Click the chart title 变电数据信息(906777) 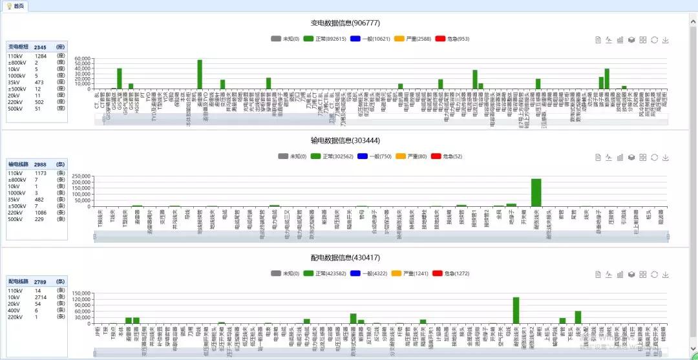click(345, 23)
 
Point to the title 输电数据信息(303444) click(345, 140)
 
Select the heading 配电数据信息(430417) click(345, 257)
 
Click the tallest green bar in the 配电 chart click(516, 310)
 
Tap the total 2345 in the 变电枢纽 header click(40, 47)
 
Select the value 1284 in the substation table click(41, 56)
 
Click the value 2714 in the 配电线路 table click(41, 297)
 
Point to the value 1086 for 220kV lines click(41, 212)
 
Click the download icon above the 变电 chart click(666, 39)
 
